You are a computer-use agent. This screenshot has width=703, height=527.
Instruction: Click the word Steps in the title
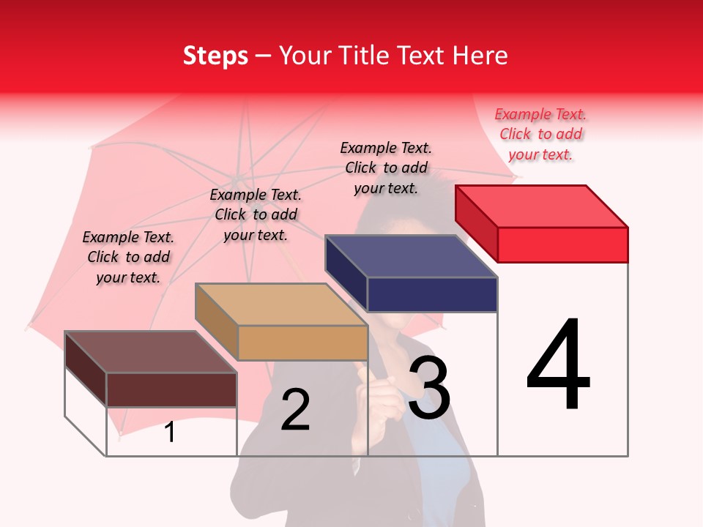[215, 56]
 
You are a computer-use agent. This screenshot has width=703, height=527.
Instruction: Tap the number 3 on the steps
[429, 388]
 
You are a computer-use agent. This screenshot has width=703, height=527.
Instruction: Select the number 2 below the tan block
[295, 409]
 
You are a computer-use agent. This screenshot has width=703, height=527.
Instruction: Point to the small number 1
[170, 432]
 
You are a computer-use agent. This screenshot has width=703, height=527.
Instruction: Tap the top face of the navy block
[412, 256]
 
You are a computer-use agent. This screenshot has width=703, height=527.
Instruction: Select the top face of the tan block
[281, 304]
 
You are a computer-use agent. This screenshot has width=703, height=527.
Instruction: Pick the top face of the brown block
[151, 352]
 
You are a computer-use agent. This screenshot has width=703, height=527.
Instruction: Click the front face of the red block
[562, 244]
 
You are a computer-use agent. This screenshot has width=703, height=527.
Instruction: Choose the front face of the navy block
[432, 294]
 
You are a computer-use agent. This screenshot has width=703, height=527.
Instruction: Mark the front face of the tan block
[302, 343]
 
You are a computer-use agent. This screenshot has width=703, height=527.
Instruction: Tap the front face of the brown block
[171, 389]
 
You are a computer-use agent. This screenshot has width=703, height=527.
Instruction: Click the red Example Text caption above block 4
[540, 135]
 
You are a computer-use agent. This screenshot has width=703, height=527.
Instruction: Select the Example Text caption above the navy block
[386, 168]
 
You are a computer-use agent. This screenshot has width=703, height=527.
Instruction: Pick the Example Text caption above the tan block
[256, 214]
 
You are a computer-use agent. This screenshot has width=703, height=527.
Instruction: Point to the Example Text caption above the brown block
[128, 257]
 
